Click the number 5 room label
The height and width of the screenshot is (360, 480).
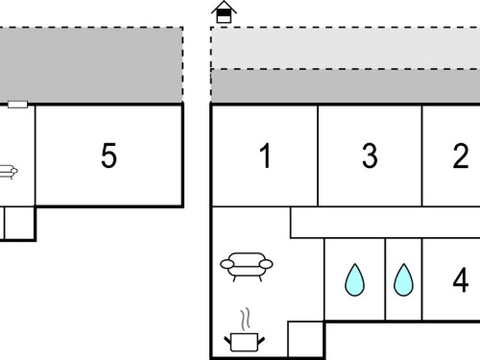108,156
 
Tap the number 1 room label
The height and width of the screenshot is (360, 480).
266,156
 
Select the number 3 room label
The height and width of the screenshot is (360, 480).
370,156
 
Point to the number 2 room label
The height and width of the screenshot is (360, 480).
461,156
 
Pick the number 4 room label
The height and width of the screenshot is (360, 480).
461,280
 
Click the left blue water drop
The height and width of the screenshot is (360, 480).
354,279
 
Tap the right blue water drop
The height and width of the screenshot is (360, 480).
403,279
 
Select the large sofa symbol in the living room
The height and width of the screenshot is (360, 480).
247,267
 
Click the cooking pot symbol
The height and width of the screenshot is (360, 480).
244,342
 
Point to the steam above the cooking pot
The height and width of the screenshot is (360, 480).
246,319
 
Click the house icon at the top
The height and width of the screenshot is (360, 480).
224,12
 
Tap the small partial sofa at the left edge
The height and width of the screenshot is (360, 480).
8,172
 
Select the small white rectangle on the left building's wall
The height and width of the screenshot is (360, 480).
17,105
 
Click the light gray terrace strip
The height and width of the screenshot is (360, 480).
346,48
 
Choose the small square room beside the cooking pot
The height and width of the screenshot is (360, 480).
305,339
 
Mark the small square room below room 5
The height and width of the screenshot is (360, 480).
19,223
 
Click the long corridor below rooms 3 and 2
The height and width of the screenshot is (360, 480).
385,223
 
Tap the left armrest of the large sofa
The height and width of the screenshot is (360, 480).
228,264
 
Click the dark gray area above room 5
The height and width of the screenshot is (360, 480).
91,65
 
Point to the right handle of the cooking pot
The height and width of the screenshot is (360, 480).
261,341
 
